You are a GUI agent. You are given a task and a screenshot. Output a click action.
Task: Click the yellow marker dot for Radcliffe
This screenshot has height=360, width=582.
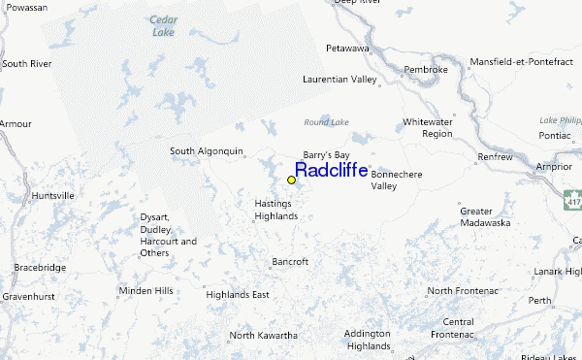click(291, 180)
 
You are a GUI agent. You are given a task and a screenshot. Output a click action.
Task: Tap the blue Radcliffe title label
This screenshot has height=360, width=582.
click(331, 171)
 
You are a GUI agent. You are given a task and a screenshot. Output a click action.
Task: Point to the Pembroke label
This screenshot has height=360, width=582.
click(426, 70)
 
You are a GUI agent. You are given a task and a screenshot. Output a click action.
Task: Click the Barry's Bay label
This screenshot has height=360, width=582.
click(326, 154)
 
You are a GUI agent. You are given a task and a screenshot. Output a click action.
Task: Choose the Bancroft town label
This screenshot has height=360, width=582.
click(290, 262)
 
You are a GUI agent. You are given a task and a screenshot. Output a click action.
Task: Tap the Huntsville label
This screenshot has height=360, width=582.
click(52, 195)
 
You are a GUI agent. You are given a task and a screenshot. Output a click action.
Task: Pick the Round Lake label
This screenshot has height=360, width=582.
click(326, 122)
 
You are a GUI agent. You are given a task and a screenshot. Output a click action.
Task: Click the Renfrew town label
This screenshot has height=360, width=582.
click(494, 156)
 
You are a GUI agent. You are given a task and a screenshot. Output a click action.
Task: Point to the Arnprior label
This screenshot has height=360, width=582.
click(554, 166)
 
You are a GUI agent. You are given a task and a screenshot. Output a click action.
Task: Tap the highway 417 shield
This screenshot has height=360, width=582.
click(573, 199)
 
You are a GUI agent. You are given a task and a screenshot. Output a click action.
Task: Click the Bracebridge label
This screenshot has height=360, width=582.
click(39, 267)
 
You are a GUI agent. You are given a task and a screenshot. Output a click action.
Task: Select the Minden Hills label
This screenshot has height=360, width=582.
click(145, 291)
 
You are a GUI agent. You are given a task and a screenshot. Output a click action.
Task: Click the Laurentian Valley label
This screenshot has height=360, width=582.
click(339, 80)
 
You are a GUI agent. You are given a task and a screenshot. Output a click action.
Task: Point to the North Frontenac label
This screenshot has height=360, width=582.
click(468, 291)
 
